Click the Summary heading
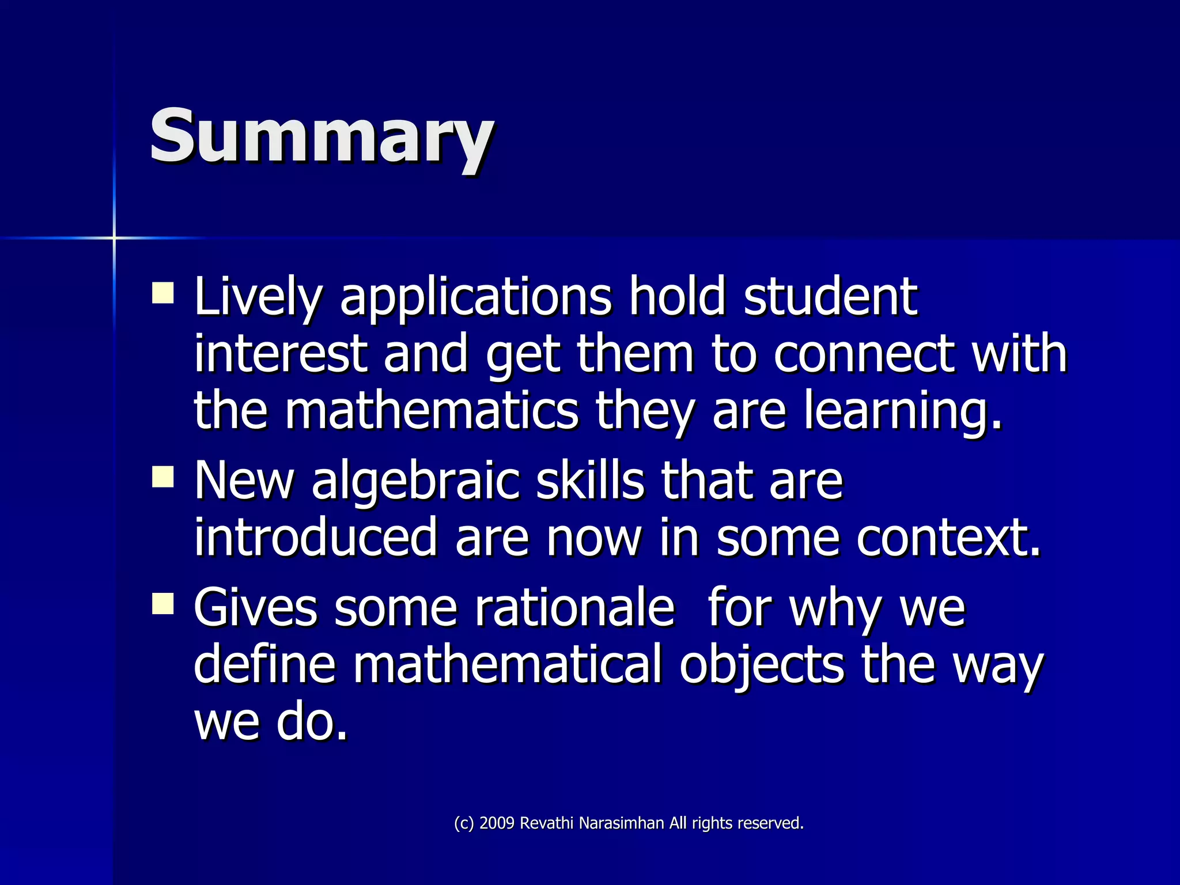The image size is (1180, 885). pyautogui.click(x=322, y=137)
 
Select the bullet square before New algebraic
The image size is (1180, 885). pyautogui.click(x=163, y=477)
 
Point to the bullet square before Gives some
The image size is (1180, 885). pyautogui.click(x=163, y=604)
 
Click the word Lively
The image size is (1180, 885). pyautogui.click(x=258, y=297)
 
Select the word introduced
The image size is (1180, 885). pyautogui.click(x=316, y=537)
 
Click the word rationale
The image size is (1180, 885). pyautogui.click(x=574, y=607)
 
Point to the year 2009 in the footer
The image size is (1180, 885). pyautogui.click(x=497, y=823)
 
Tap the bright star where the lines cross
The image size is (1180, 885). pyautogui.click(x=114, y=237)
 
